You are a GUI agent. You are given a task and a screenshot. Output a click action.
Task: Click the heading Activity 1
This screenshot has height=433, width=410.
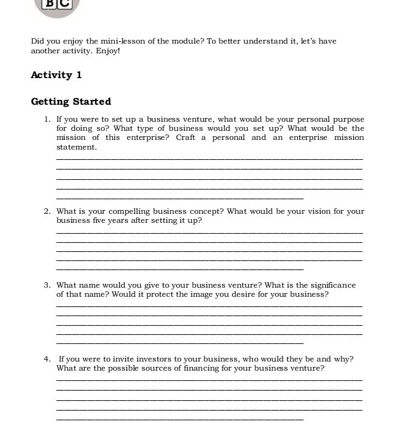tap(56, 75)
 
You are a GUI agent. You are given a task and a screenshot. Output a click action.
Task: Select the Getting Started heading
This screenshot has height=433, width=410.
tap(71, 102)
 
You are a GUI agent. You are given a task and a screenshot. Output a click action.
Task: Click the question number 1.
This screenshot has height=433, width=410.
tap(47, 119)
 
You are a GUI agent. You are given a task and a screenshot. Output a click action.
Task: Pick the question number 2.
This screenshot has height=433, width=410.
tap(47, 211)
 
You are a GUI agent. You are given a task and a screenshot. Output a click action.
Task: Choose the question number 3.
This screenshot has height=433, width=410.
tap(47, 285)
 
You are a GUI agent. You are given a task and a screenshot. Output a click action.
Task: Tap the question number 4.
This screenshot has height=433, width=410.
tap(47, 359)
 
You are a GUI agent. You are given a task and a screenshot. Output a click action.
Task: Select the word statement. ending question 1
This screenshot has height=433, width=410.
tap(76, 147)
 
